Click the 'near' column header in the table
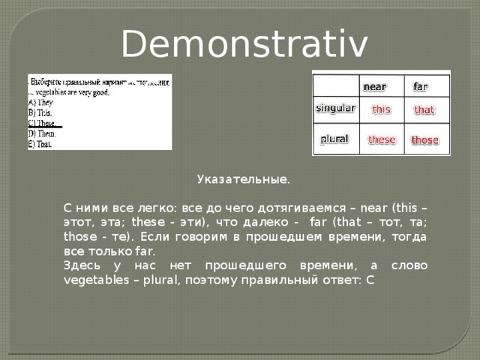tap(375, 86)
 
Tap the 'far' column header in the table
tap(421, 86)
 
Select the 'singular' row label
tap(335, 108)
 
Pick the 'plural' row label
tap(334, 139)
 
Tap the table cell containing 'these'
tap(381, 139)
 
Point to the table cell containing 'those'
tap(425, 140)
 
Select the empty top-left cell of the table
tap(335, 84)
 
